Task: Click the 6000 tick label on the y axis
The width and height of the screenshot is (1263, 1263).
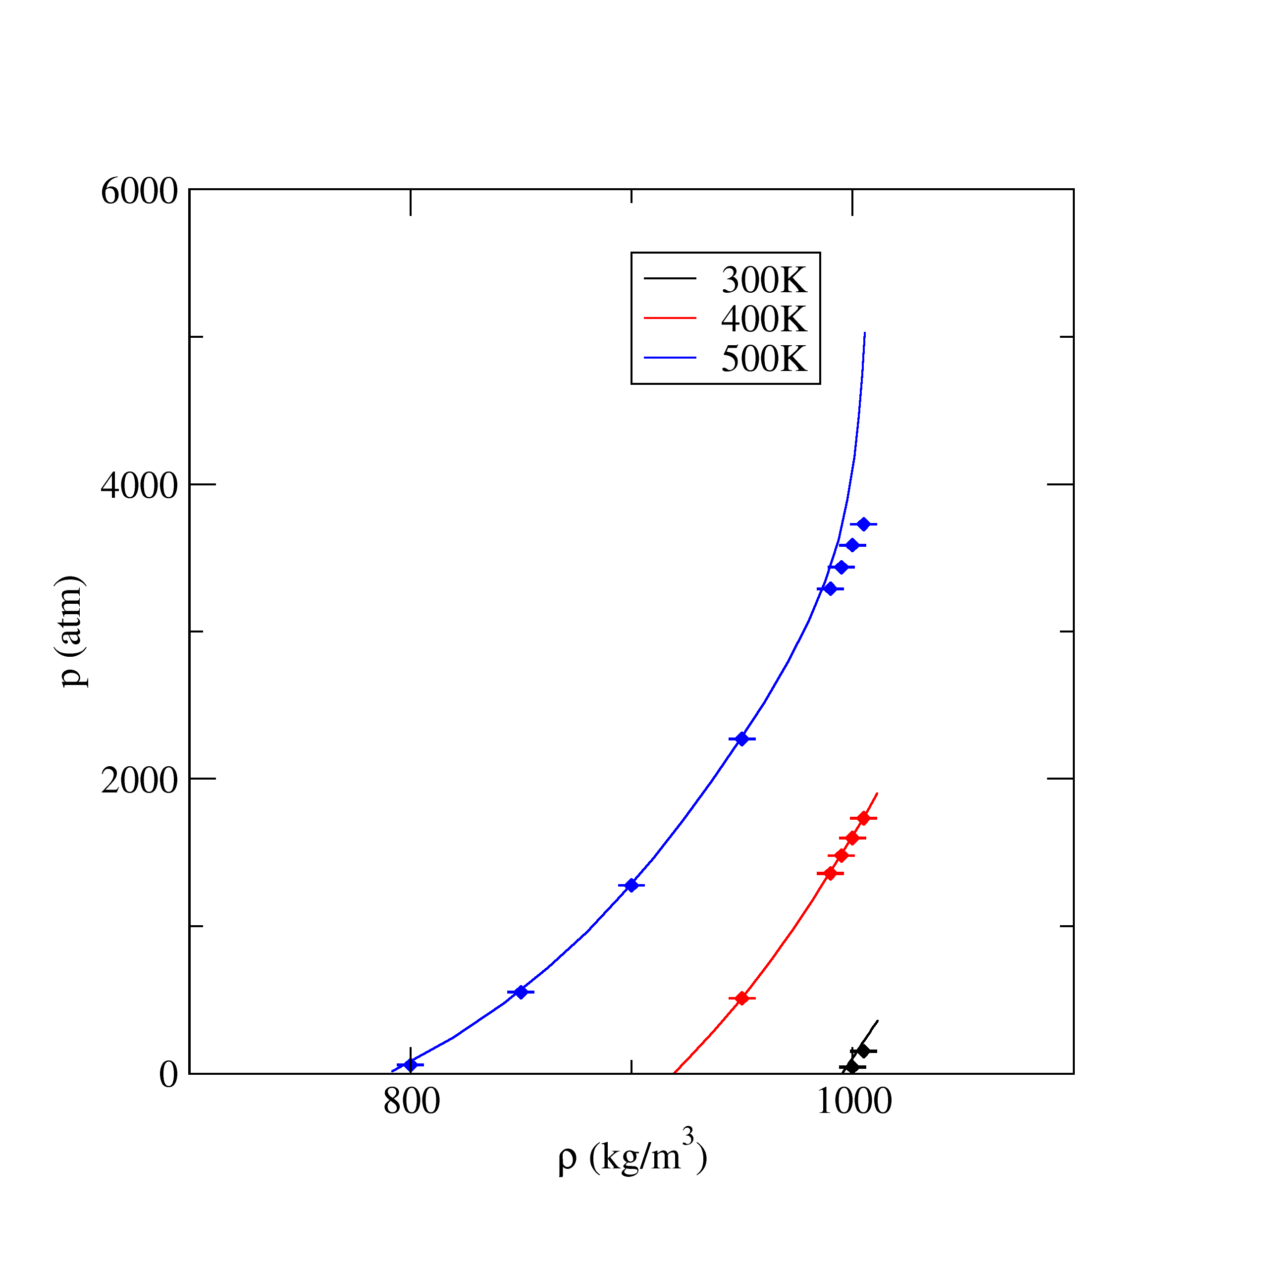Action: tap(139, 192)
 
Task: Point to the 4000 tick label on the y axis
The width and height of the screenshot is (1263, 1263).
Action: tap(139, 486)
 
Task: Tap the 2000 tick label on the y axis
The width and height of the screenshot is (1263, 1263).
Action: tap(139, 781)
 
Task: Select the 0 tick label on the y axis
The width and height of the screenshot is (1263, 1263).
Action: tap(169, 1075)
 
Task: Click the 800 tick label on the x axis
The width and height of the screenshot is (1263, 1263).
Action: tap(411, 1102)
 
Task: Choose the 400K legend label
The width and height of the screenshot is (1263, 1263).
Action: tap(764, 319)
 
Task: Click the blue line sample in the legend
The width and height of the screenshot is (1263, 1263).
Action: tap(670, 358)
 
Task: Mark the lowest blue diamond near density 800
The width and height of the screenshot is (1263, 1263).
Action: tap(411, 1065)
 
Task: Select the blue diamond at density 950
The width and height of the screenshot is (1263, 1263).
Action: tap(742, 738)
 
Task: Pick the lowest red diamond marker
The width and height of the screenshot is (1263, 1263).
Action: tap(742, 998)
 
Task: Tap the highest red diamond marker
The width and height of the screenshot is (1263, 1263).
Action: tap(864, 818)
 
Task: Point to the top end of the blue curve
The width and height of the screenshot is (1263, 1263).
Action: tap(864, 333)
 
